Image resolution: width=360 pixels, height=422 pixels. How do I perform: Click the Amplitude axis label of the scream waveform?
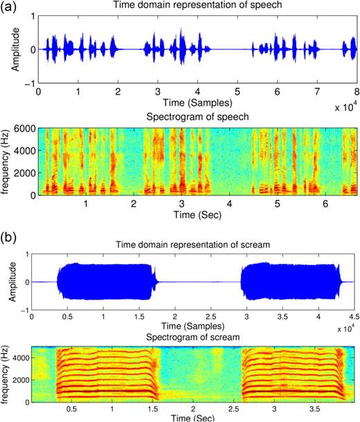pos(12,281)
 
